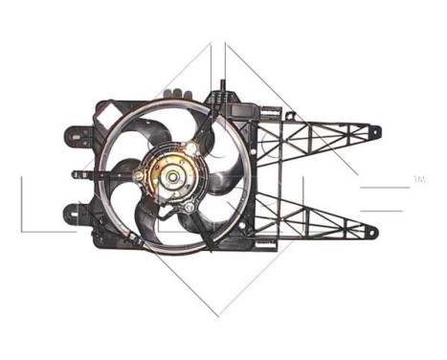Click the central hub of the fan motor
(172, 176)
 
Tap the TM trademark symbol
(418, 179)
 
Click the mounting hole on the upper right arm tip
(374, 131)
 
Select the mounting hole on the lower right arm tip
(373, 231)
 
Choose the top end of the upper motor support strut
(221, 89)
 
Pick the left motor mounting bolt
(140, 176)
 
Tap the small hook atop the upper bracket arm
(289, 116)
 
